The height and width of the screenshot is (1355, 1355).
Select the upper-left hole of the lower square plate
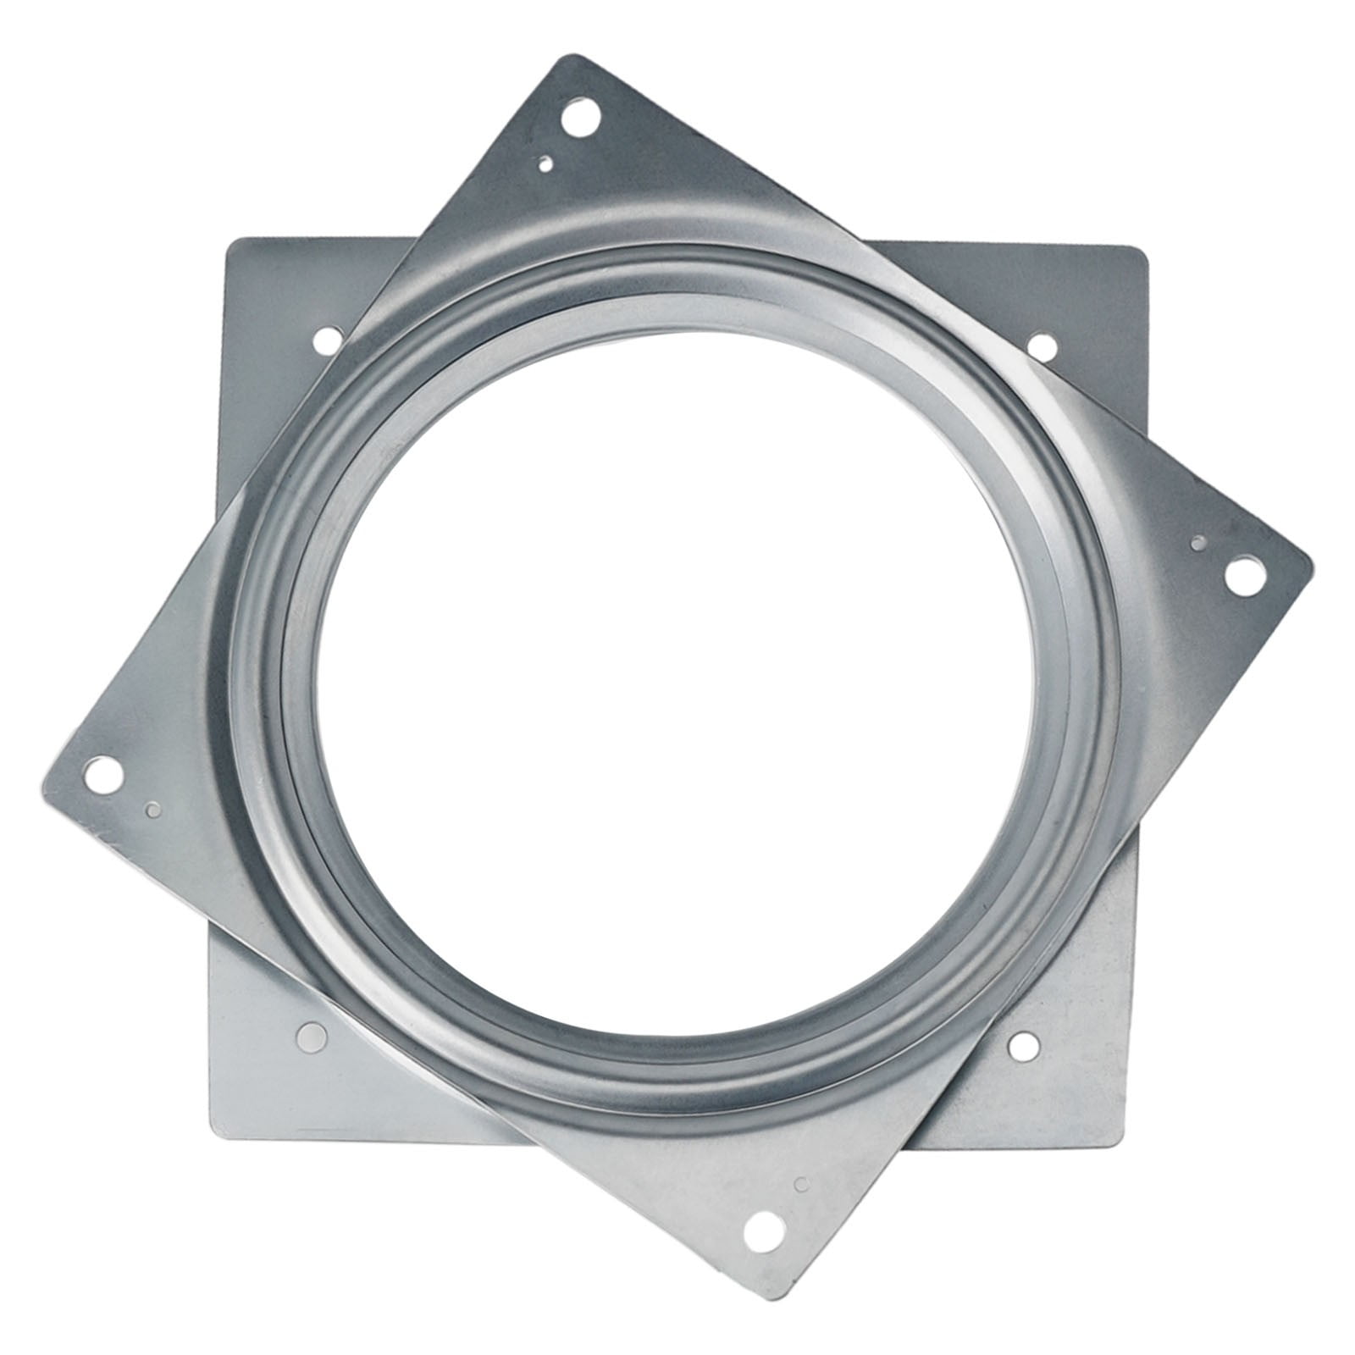[x=324, y=341]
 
